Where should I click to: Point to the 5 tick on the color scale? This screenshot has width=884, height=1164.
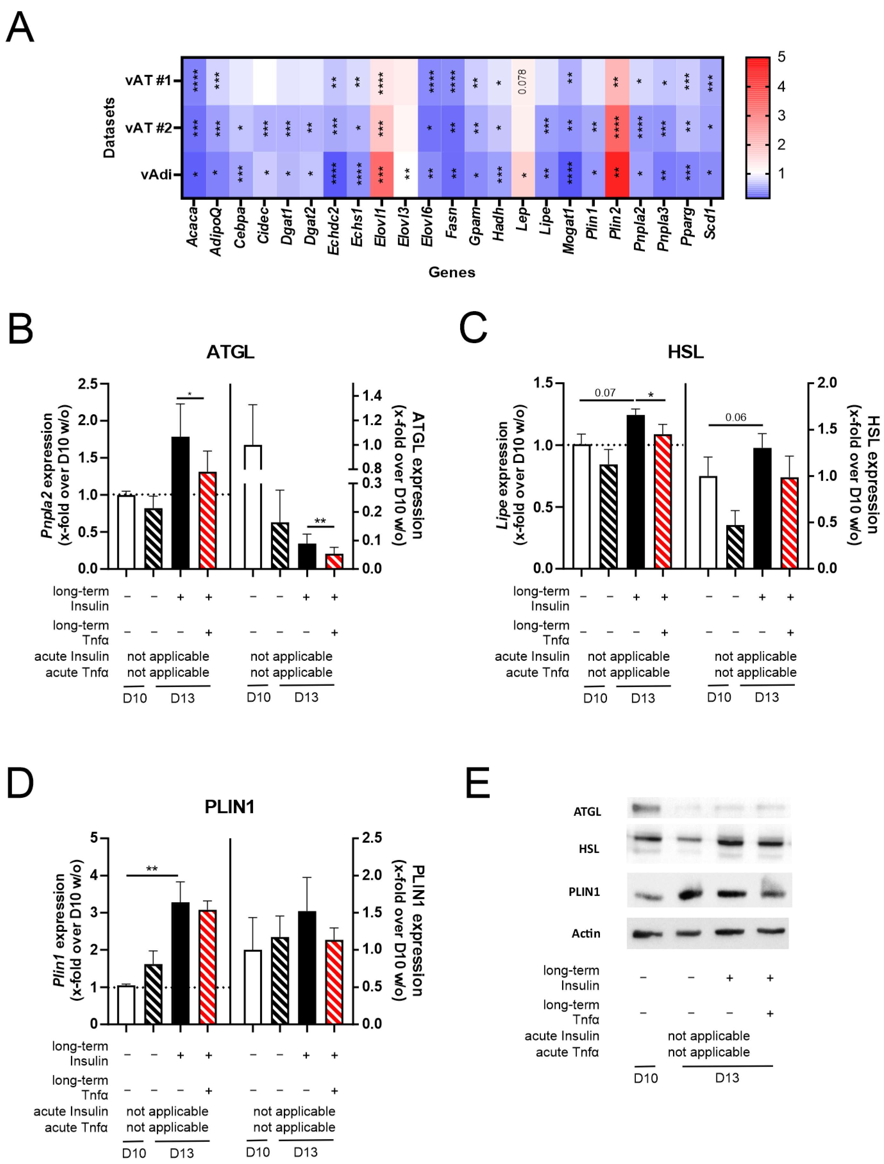[781, 57]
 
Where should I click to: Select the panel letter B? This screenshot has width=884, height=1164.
[21, 329]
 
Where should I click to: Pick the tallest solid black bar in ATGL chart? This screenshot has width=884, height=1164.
[181, 502]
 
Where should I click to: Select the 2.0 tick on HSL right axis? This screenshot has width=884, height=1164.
[827, 383]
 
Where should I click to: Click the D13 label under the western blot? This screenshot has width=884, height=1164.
[727, 1078]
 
